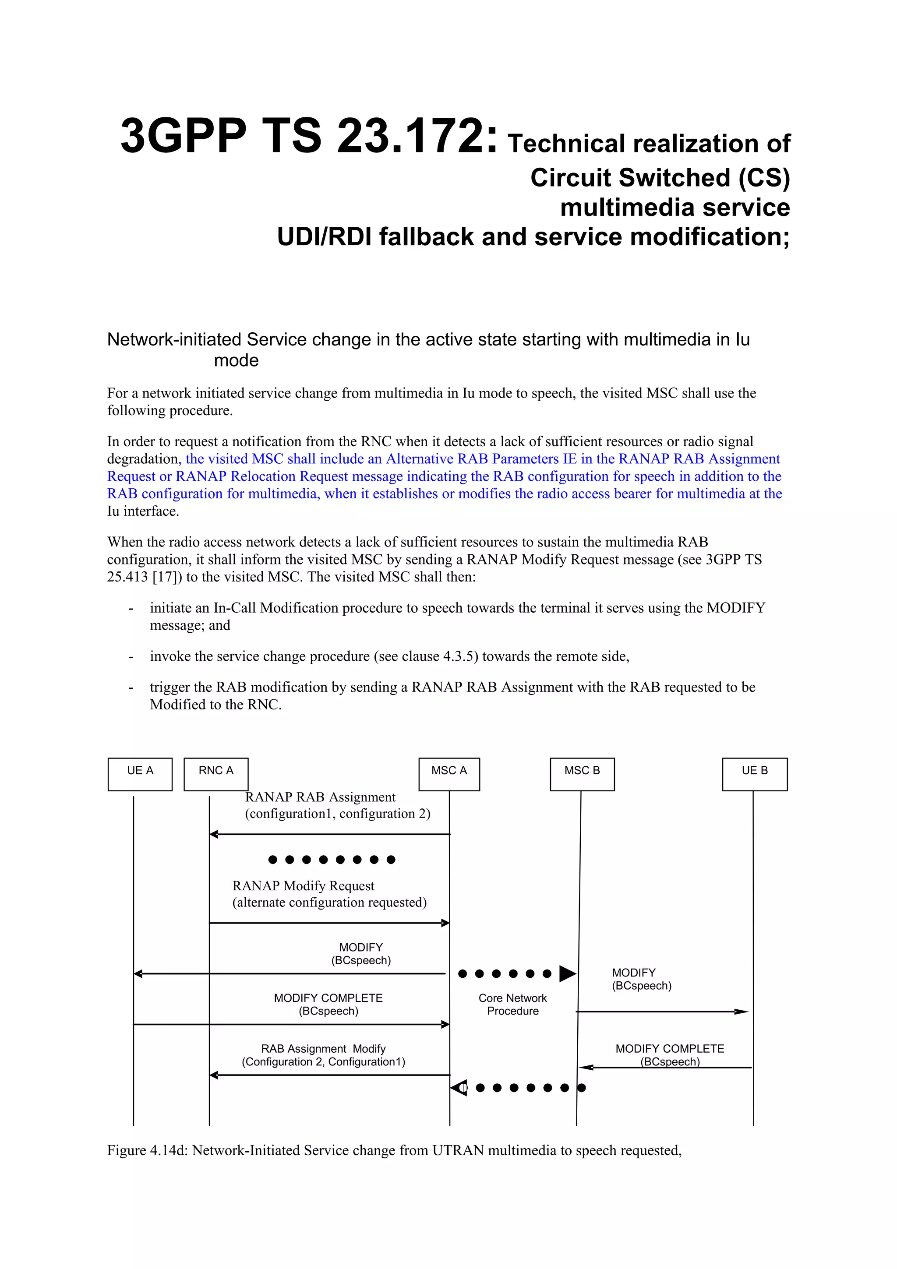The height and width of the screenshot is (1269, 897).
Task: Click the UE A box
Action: tap(140, 774)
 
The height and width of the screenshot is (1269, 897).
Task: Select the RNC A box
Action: tap(215, 774)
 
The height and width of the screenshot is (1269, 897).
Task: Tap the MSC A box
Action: tap(449, 774)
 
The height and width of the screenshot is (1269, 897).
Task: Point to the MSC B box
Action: tap(582, 774)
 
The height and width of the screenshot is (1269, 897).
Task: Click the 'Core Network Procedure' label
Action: tap(512, 1004)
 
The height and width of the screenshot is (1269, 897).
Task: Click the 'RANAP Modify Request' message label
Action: tap(303, 885)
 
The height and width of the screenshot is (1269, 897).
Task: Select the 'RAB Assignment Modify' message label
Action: tap(323, 1048)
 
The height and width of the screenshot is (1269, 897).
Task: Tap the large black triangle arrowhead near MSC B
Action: tap(567, 973)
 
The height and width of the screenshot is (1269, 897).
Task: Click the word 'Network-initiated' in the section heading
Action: tap(173, 339)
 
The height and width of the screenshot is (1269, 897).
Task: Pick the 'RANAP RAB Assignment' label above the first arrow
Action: tap(320, 797)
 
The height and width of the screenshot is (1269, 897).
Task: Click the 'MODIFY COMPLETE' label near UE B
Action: tap(669, 1048)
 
